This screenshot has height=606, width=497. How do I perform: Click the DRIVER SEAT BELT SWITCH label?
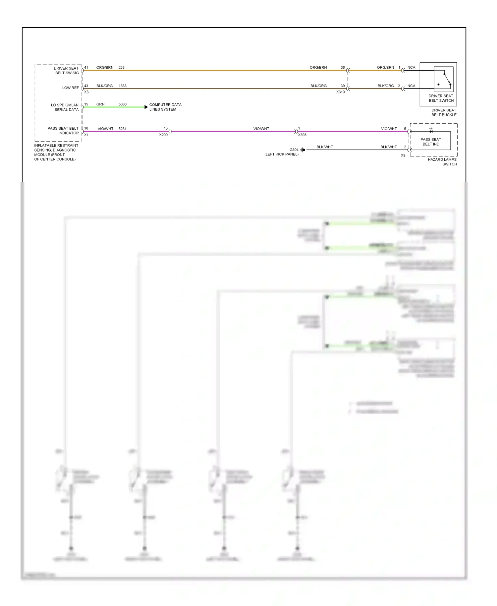point(441,98)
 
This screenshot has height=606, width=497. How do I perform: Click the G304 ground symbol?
point(303,150)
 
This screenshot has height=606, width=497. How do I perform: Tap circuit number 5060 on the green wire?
point(123,104)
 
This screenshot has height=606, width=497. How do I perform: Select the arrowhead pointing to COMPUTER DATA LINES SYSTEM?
point(146,107)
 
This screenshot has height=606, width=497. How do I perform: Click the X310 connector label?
point(340,92)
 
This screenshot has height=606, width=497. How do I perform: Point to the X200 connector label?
point(163,135)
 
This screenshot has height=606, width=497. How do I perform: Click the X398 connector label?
point(302,135)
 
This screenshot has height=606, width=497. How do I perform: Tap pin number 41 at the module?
point(86,67)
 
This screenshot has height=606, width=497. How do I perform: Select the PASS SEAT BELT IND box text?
point(431,142)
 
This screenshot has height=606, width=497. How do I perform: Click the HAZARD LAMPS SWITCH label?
point(442,162)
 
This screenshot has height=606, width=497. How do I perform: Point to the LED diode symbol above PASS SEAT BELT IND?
point(431,131)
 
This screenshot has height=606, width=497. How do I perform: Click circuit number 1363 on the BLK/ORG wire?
point(123,86)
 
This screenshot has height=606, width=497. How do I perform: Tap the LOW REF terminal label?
point(71,88)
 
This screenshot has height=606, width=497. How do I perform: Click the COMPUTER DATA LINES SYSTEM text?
point(165,107)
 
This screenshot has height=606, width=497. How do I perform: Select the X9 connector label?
point(403,155)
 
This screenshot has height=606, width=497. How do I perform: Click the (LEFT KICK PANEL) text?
point(281,154)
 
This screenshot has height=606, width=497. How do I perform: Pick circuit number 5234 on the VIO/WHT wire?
point(123,129)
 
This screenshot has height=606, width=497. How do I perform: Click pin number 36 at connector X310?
point(343,67)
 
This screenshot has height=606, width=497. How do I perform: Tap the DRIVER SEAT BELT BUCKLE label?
point(444,112)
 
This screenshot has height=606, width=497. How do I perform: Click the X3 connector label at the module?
point(86,92)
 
